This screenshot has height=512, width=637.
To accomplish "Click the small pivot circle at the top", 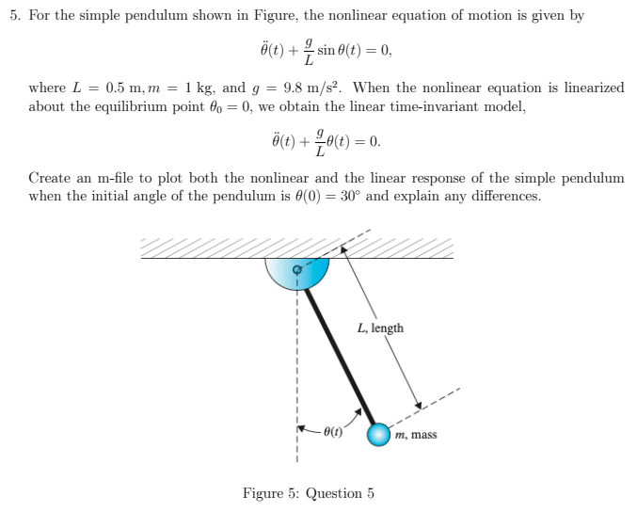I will (298, 270).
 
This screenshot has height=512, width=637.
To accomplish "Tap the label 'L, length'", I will (380, 328).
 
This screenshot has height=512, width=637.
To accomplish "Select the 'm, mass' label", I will (416, 435).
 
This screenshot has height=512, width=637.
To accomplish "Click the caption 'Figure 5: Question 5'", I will (308, 493).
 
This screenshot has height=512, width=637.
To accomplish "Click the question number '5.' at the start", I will (11, 16).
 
